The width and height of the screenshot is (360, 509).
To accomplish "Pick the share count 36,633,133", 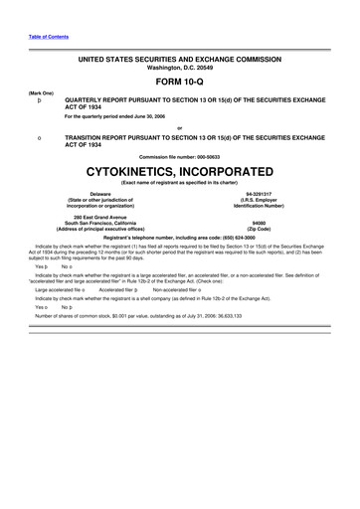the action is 221,315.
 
